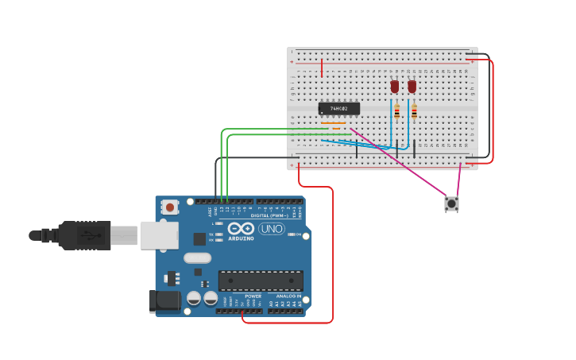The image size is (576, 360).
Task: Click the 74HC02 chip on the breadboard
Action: [x=339, y=108]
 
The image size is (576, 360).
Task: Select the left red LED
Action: [x=394, y=86]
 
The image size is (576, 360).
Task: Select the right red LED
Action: [x=412, y=86]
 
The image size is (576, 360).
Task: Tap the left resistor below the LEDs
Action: [x=396, y=112]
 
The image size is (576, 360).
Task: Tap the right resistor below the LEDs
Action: [x=414, y=112]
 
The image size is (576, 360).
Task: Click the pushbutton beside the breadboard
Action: [x=451, y=203]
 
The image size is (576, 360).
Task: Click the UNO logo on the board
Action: [x=272, y=229]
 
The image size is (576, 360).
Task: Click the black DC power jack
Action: [x=164, y=301]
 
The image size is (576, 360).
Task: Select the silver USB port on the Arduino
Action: [x=159, y=235]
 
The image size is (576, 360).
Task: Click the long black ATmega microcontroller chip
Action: [x=261, y=281]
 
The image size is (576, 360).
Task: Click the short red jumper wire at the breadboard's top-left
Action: [x=322, y=68]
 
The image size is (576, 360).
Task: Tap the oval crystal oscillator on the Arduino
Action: [x=197, y=257]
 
